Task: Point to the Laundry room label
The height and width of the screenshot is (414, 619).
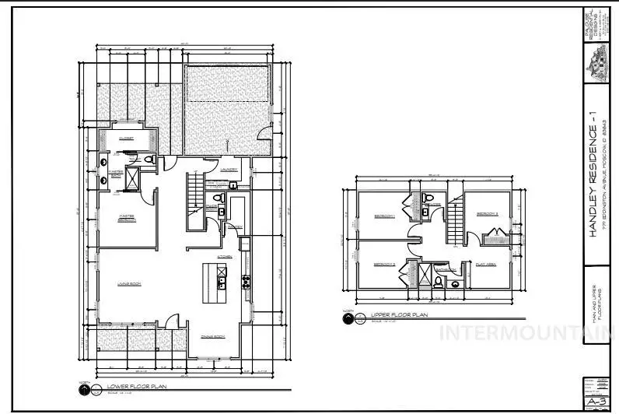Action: click(x=229, y=169)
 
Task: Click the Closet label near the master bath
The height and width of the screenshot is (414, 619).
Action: click(x=126, y=138)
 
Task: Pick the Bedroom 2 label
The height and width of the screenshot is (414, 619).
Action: click(x=385, y=264)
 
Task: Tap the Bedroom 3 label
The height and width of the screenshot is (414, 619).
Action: click(x=487, y=212)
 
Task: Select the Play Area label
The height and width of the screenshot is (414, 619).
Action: click(x=487, y=264)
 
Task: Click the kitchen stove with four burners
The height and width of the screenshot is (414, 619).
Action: click(x=247, y=280)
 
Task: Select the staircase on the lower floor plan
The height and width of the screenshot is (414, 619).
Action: click(x=194, y=201)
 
